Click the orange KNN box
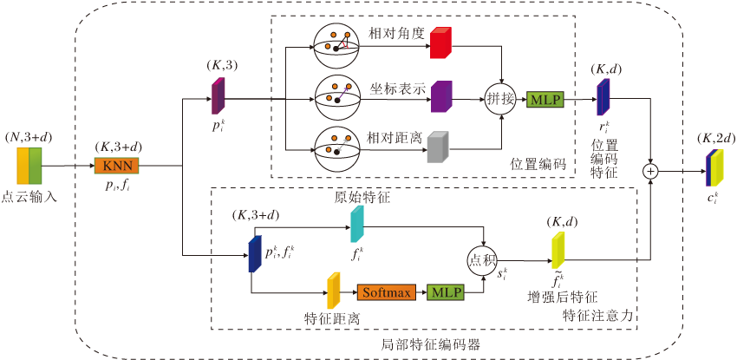coord(116,166)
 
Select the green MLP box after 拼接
coord(545,99)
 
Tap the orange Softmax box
coord(387,292)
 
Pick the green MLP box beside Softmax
coord(446,292)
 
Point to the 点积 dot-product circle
coord(484,259)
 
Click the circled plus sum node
coord(649,171)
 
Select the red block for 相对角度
coord(440,43)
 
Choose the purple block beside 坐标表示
coord(441,97)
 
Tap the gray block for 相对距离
coord(438,147)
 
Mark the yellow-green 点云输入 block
coord(29,166)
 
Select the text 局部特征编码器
coord(431,344)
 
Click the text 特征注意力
coord(598,315)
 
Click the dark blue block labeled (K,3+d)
coord(255,253)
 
